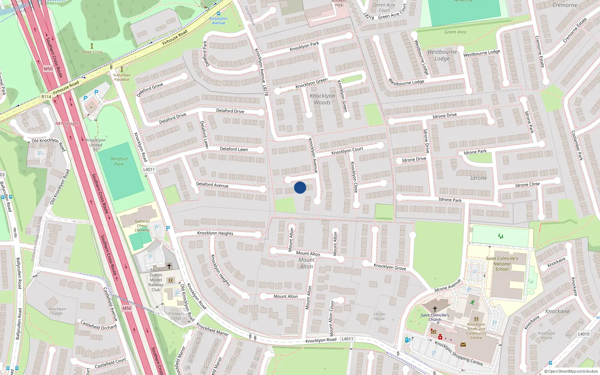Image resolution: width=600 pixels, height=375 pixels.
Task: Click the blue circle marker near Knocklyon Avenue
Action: point(300,187)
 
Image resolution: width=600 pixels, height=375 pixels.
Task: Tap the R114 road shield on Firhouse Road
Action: point(46,97)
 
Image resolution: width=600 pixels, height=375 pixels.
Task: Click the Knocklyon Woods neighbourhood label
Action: point(322,99)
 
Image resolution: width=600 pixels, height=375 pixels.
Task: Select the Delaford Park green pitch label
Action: point(119,161)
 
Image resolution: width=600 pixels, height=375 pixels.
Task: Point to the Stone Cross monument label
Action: point(92,52)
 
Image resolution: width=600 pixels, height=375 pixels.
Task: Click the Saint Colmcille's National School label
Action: point(502,264)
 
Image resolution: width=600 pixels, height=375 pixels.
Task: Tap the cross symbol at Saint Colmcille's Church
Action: point(435,309)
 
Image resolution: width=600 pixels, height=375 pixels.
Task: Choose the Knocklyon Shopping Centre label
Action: point(459,353)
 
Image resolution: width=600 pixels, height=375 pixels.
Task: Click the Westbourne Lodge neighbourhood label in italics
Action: point(442,55)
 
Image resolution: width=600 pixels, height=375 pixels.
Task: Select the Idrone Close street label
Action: point(527,184)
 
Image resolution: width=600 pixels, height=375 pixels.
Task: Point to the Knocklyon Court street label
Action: point(347,151)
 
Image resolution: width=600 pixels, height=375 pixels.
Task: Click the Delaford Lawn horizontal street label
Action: point(234,149)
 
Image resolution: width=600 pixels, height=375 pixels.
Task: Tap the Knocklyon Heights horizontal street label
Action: point(215,233)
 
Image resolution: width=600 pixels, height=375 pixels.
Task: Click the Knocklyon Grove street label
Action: point(390,267)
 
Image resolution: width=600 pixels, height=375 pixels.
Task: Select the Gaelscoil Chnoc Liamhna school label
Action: point(142,226)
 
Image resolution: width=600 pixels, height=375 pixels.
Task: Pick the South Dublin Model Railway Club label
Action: point(156,280)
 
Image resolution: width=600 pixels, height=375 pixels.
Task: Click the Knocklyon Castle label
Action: point(57,311)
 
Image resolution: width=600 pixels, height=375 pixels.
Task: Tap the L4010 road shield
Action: point(583,334)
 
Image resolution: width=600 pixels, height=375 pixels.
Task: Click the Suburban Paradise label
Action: point(122,77)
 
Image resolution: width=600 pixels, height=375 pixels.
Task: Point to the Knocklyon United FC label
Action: point(96,145)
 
